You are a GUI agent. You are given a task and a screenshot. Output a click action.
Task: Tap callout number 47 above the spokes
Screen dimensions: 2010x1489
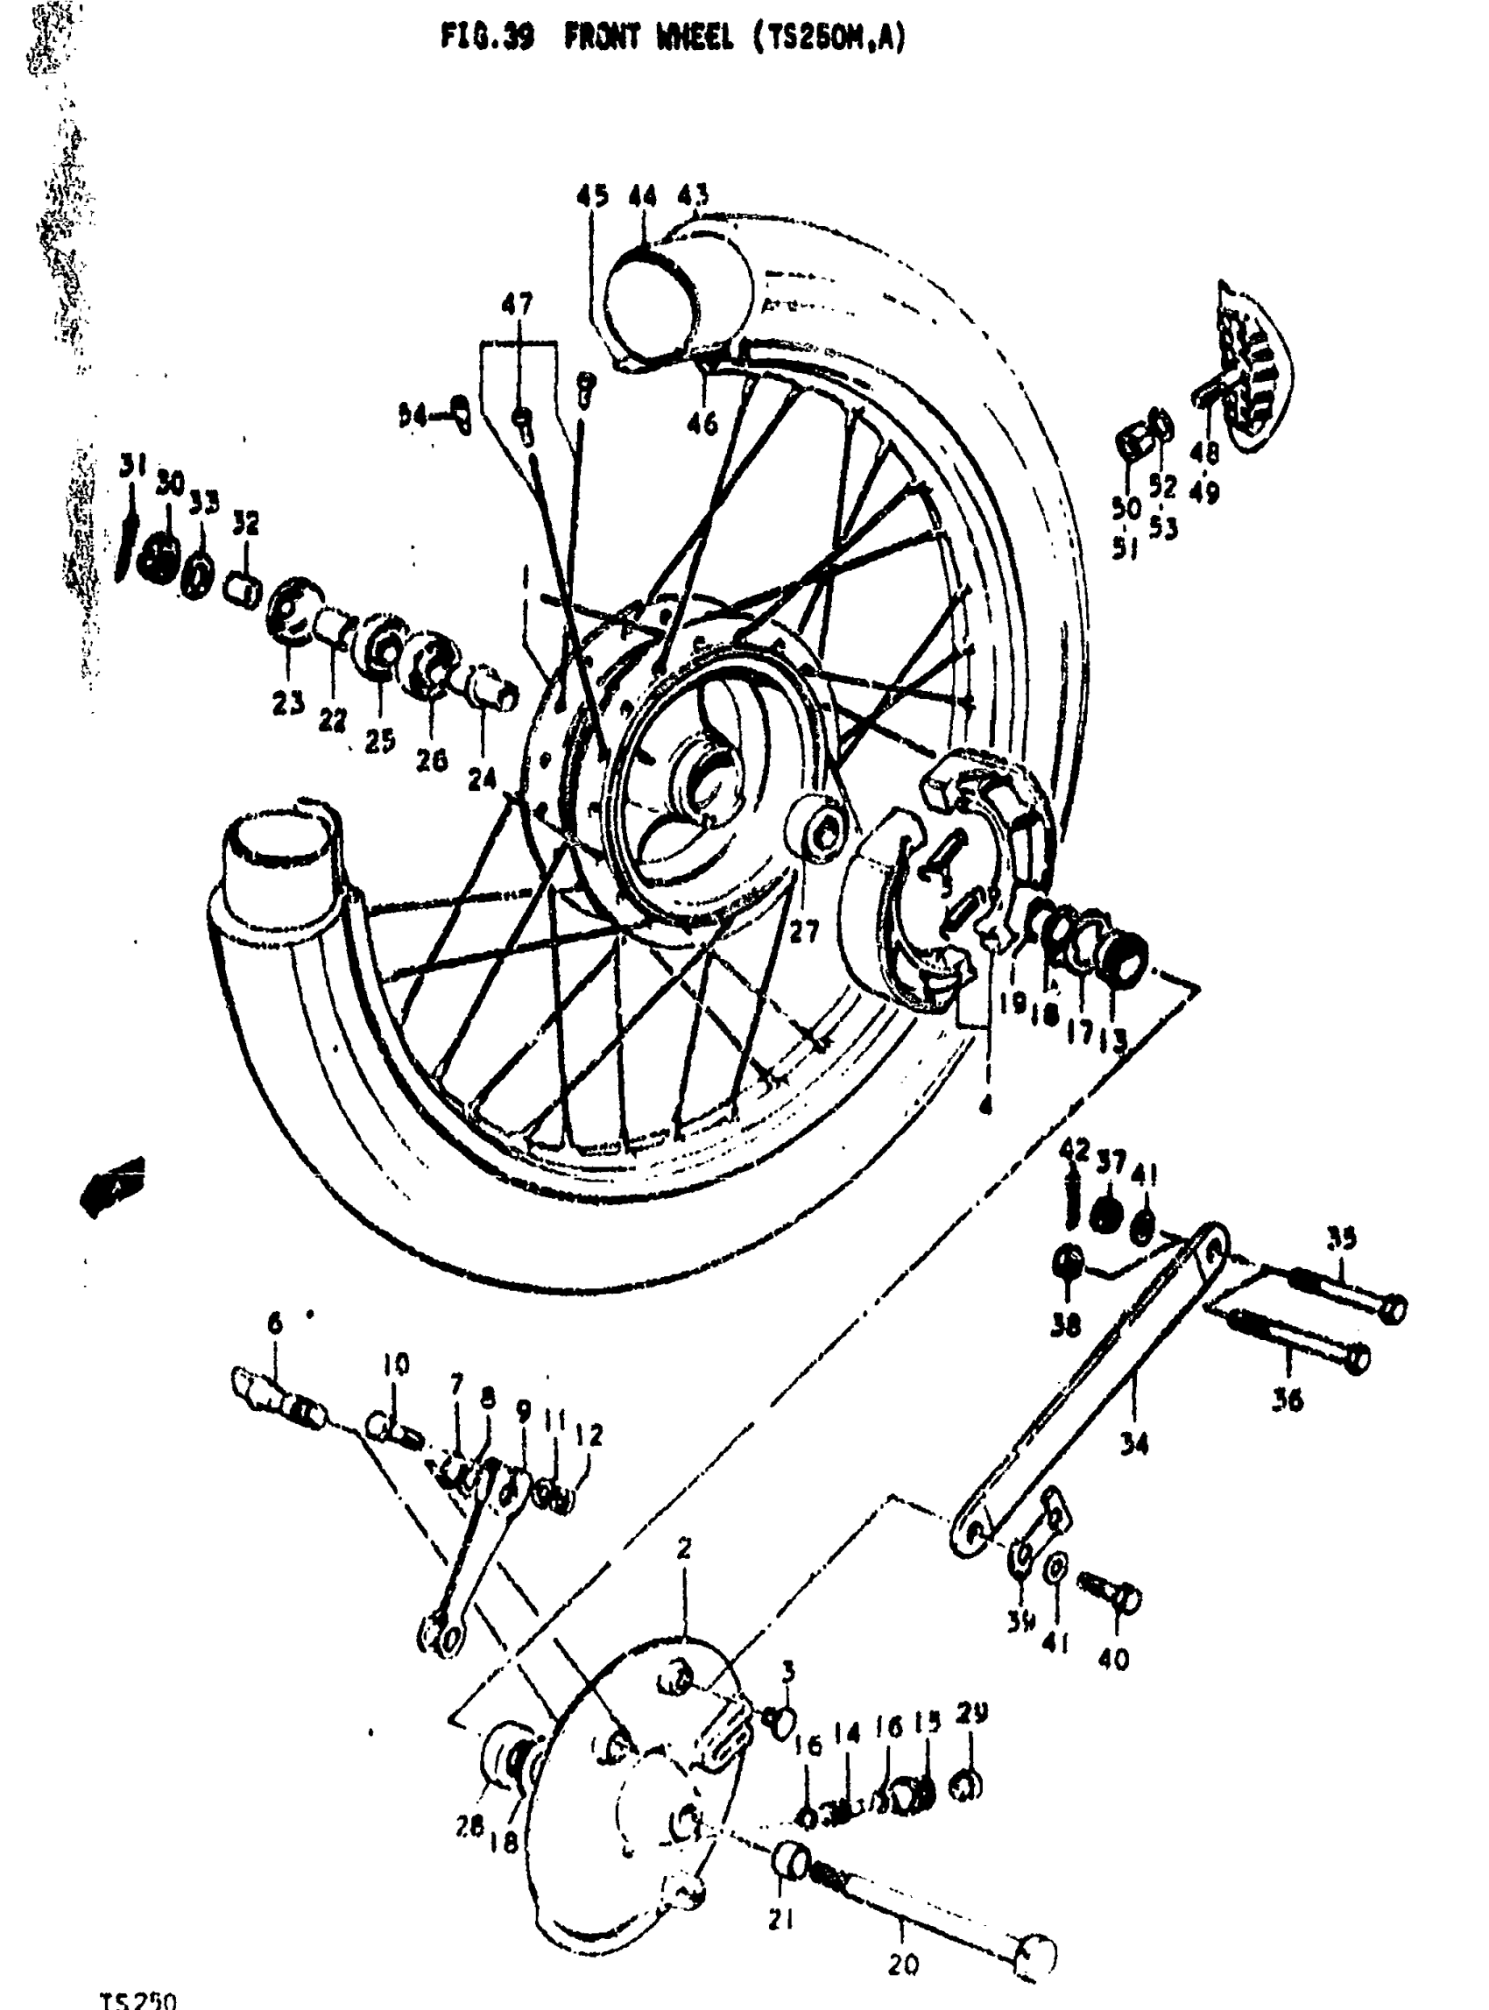[518, 305]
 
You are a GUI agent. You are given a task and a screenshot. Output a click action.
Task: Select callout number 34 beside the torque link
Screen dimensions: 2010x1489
[1134, 1445]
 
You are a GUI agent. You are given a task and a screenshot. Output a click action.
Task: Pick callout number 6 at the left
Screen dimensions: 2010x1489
[275, 1323]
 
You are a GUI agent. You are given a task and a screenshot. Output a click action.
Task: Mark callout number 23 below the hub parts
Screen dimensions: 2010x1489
[288, 704]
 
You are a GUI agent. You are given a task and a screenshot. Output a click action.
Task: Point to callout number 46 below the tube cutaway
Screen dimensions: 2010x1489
[702, 422]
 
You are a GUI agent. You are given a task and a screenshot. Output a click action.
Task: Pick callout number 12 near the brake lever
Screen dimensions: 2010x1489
[589, 1434]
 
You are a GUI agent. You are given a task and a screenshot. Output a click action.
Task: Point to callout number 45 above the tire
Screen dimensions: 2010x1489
[592, 195]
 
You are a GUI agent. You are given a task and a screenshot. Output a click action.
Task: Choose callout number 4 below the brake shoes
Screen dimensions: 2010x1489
[985, 1103]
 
